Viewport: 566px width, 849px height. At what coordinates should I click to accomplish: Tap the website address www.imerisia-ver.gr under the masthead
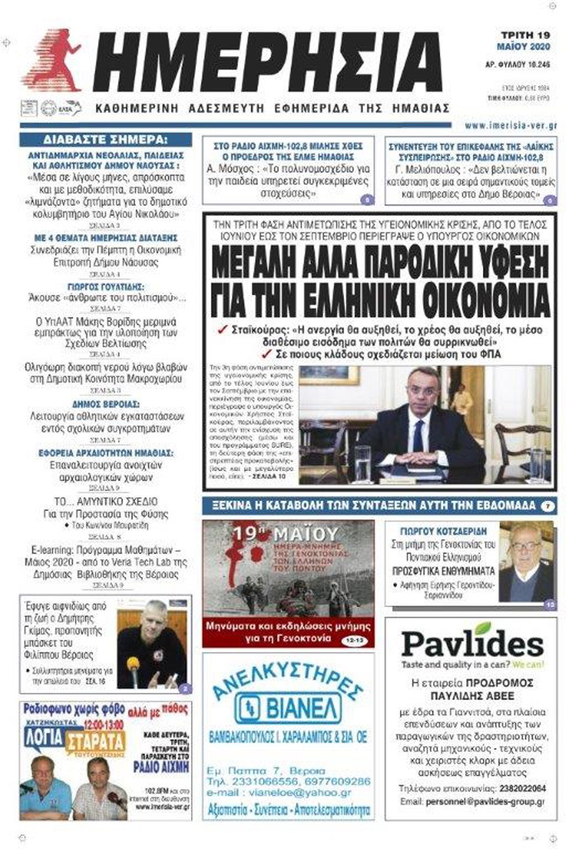coord(511,126)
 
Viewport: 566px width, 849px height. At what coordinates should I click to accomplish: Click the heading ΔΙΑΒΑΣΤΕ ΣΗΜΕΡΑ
coord(106,140)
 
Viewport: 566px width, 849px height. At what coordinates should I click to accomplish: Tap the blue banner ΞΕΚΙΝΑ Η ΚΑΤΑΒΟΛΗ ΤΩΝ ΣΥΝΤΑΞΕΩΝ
coord(370,505)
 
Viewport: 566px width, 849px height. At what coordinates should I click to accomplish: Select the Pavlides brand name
coord(472,644)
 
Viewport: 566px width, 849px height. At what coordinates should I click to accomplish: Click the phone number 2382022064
coord(522,788)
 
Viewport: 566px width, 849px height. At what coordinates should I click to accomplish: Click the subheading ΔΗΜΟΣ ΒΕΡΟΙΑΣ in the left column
coord(106,404)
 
